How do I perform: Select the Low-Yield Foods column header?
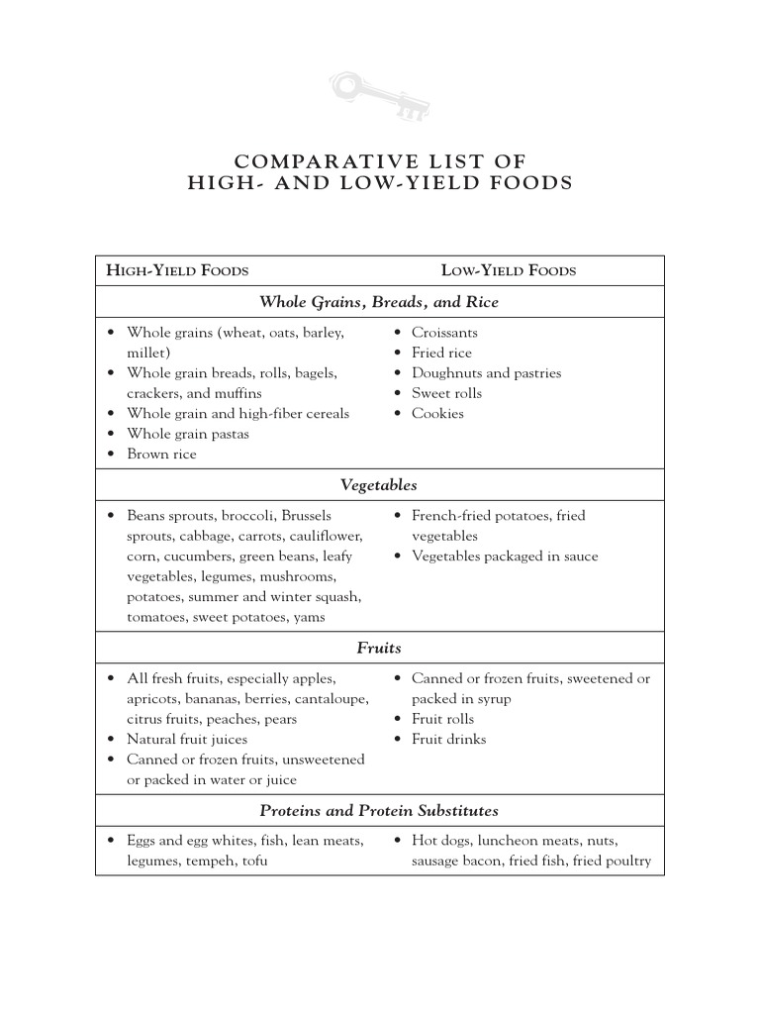click(x=508, y=270)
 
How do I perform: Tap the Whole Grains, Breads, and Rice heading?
click(x=379, y=302)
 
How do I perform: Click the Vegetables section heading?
click(x=379, y=485)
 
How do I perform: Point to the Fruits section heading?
click(x=379, y=648)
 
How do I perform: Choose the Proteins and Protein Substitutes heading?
click(x=379, y=810)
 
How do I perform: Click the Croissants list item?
click(x=444, y=333)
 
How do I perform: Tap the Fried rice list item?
click(x=441, y=353)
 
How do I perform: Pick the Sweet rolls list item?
click(x=446, y=393)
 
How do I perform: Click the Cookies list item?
click(x=437, y=414)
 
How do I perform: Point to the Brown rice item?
click(x=161, y=455)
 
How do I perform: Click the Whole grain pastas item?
click(x=187, y=434)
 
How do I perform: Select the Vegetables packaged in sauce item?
click(x=505, y=557)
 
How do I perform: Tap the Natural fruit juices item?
click(x=186, y=739)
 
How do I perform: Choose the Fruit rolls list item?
click(x=442, y=719)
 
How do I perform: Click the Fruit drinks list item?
click(x=448, y=739)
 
